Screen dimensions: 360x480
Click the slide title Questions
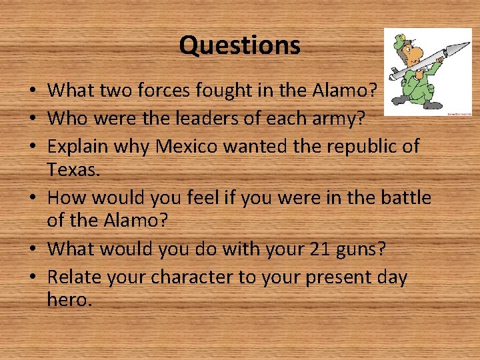tap(239, 46)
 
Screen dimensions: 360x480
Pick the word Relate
tap(75, 277)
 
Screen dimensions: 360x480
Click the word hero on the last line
tap(68, 300)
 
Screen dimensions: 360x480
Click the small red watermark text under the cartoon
tap(458, 114)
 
